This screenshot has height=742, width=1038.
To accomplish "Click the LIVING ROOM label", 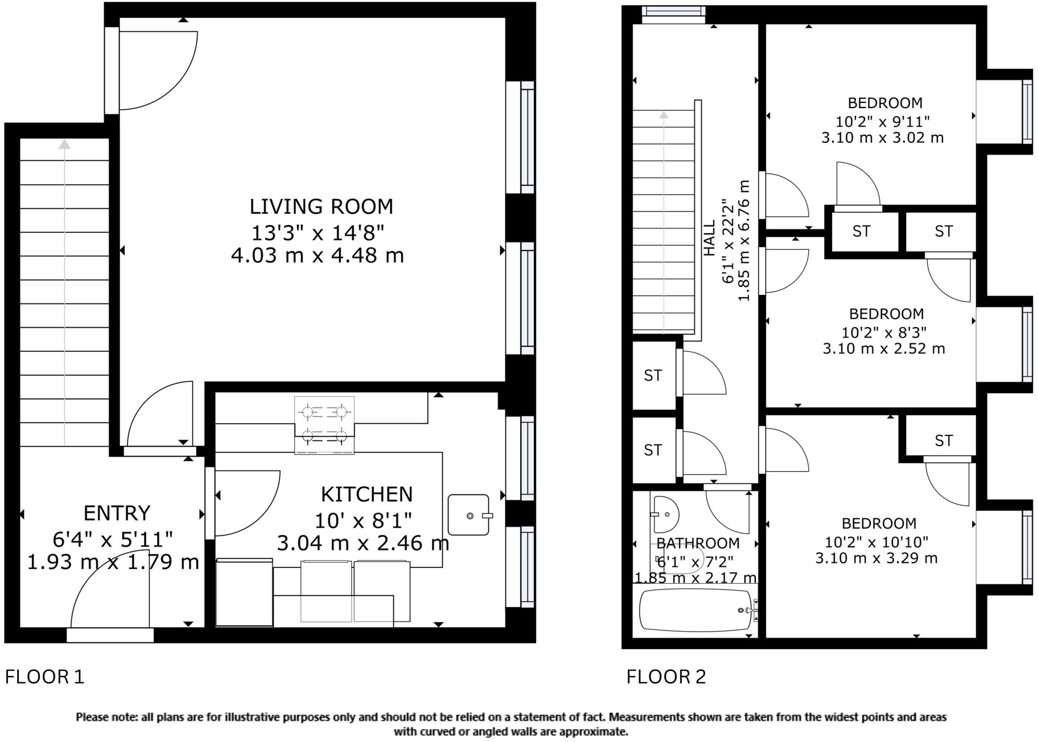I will (x=321, y=207).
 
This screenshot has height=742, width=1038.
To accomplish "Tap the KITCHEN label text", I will (x=366, y=494).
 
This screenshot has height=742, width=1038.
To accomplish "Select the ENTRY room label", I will (x=117, y=513).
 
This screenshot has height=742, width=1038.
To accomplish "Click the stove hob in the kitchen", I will (x=324, y=424).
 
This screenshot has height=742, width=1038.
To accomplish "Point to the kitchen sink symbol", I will (x=469, y=515).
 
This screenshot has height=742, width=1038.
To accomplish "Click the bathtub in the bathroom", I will (x=695, y=610).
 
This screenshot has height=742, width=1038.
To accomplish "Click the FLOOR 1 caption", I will (x=44, y=677).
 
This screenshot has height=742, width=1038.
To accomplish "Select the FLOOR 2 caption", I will (x=666, y=677).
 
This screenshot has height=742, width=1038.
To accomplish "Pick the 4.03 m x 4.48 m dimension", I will (x=318, y=255).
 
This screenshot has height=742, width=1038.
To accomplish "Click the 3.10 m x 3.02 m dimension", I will (x=883, y=138).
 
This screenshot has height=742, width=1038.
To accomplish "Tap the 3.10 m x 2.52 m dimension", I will (x=884, y=348).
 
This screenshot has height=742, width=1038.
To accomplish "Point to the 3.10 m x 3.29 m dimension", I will (x=876, y=558).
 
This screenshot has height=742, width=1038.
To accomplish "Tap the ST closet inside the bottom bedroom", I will (x=943, y=440).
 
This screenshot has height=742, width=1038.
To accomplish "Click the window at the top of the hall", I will (x=673, y=14).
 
